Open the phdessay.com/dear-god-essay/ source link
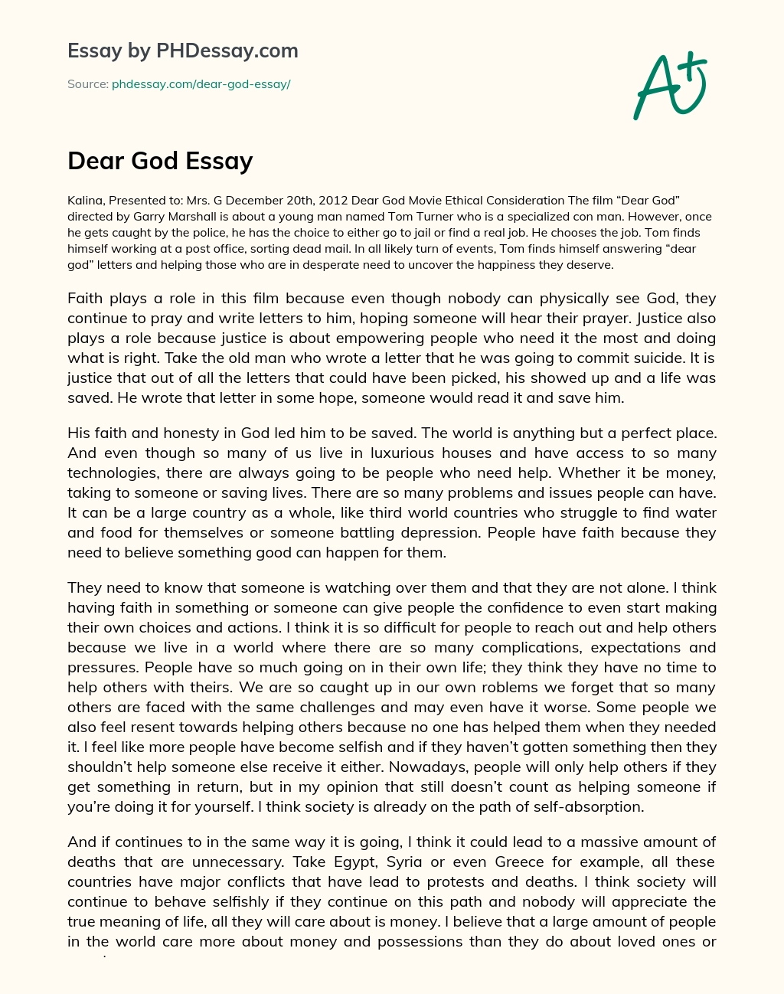(201, 84)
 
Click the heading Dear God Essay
(160, 161)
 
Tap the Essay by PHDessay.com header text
(182, 51)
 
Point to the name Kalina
(83, 201)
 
